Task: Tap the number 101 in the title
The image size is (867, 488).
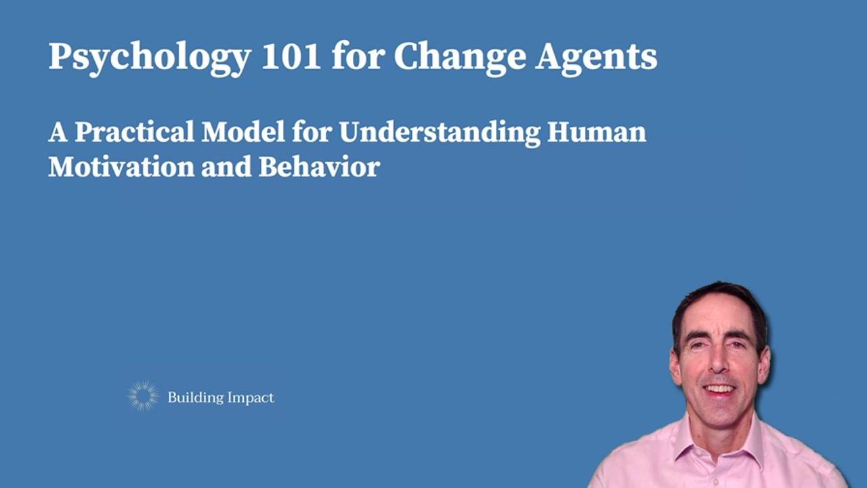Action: coord(291,57)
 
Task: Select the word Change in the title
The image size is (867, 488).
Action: coord(459,57)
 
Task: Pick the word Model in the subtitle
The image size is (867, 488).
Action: coord(243,131)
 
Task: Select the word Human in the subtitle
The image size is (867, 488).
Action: coord(597,131)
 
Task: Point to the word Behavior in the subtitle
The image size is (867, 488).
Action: coord(319,167)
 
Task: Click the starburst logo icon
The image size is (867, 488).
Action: coord(143,396)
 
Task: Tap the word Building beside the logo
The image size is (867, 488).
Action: coord(192,398)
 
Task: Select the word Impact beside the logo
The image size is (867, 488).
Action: coord(249,398)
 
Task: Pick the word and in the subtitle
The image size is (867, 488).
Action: coord(227,167)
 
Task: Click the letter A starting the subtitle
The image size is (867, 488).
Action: coord(58,131)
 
